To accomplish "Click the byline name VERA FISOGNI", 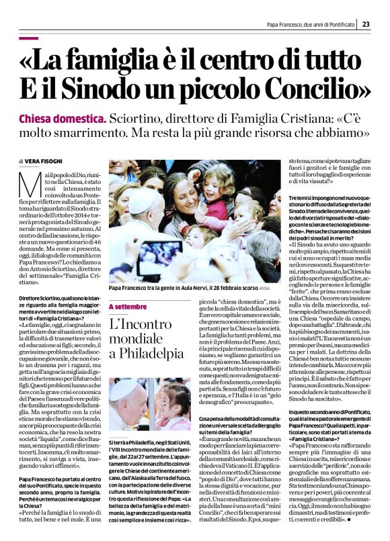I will [x=46, y=161].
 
